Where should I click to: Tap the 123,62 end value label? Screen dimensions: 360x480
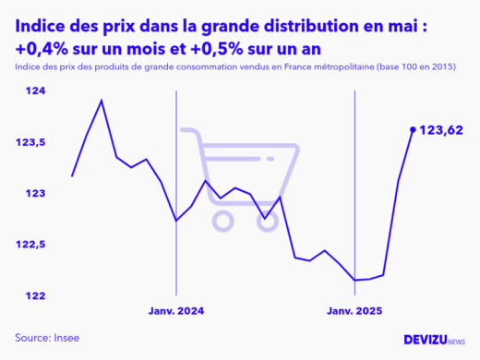[x=441, y=130]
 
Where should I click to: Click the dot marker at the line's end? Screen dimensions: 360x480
[x=413, y=129]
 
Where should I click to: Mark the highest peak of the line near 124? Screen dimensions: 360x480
[x=102, y=101]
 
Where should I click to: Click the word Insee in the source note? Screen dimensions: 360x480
[x=66, y=337]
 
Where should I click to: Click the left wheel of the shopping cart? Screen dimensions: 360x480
[x=222, y=220]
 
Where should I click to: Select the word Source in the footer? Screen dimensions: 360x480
[x=33, y=337]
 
